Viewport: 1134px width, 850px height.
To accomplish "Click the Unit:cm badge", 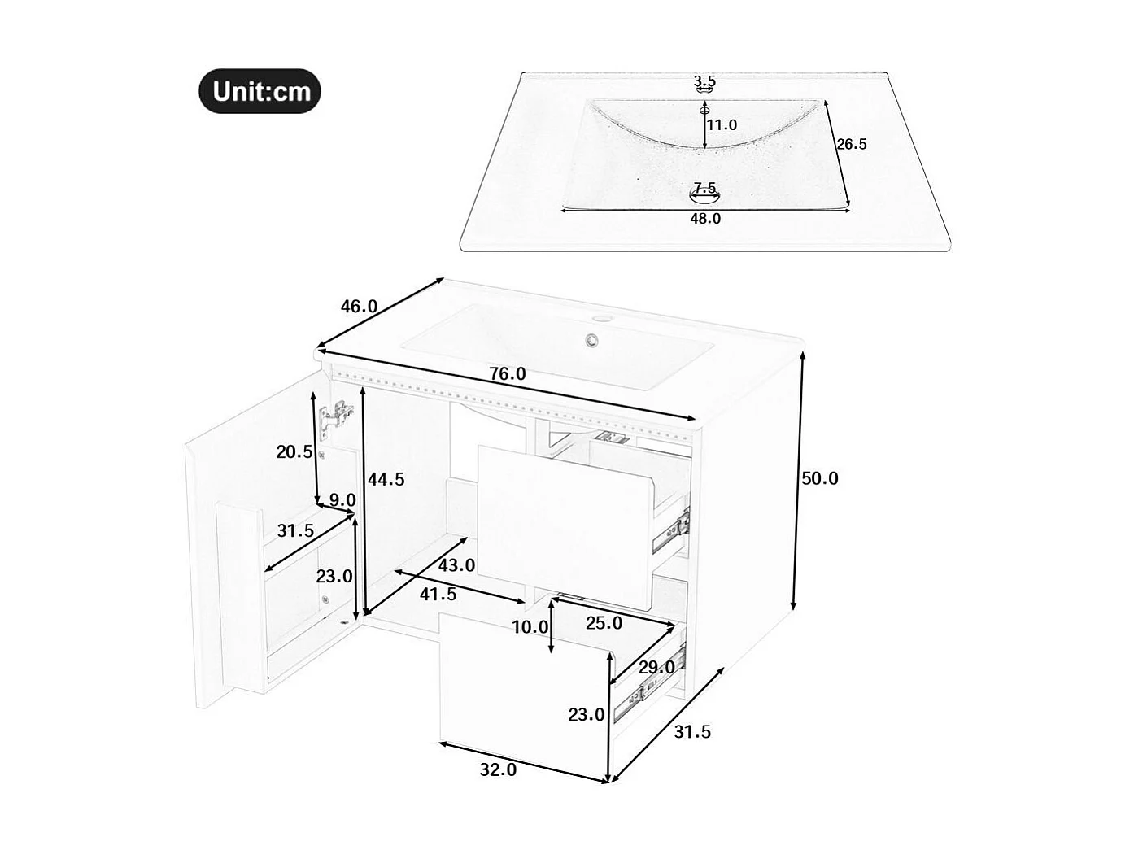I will pos(260,91).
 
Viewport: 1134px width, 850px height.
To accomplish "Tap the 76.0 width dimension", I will pos(507,374).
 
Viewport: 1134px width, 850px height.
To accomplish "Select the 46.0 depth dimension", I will pos(359,307).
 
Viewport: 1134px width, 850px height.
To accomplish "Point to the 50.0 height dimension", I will pos(819,478).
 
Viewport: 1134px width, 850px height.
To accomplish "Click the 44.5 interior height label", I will pos(386,479).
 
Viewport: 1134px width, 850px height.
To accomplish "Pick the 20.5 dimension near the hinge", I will pos(294,452).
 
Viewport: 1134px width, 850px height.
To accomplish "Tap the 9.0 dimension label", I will pos(342,500).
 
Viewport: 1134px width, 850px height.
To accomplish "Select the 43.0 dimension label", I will pos(456,564).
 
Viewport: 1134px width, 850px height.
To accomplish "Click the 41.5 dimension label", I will pos(438,595).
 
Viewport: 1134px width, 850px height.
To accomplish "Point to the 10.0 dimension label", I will pos(530,627).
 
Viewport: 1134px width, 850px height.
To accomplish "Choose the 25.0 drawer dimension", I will pos(604,623).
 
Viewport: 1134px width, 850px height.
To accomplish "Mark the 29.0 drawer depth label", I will pos(656,667).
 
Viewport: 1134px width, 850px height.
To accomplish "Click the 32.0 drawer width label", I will pos(498,769).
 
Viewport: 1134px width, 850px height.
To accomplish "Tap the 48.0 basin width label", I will pos(705,219).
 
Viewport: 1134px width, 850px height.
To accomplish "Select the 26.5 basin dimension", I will pos(852,144).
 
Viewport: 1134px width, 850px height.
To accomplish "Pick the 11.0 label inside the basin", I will pos(722,125).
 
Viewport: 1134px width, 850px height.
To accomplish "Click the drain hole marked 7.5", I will pos(704,194).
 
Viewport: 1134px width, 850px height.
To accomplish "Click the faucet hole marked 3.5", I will pos(704,91).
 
